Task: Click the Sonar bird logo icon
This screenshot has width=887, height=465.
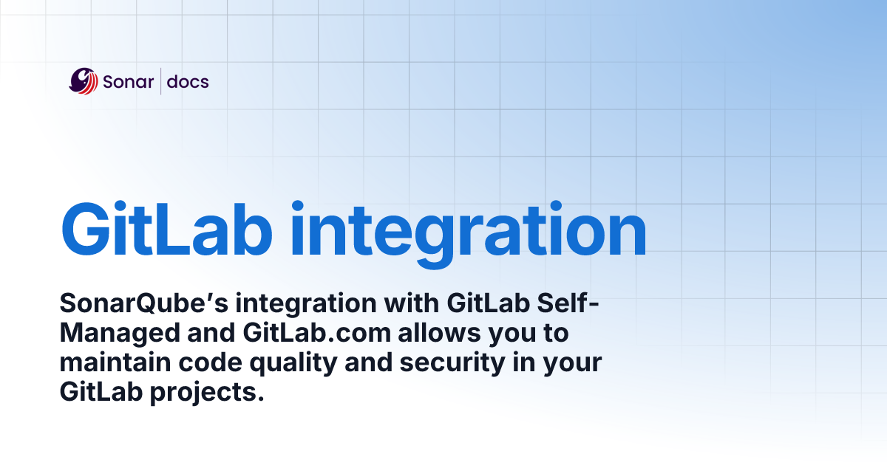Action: [x=83, y=81]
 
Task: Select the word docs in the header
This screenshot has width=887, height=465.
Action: [x=188, y=81]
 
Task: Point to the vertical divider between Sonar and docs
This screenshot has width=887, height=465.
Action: [x=160, y=81]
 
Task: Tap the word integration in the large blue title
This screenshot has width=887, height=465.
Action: [x=468, y=230]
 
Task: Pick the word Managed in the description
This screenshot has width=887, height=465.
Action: [x=117, y=333]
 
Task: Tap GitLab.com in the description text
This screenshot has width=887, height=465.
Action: [x=316, y=333]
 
